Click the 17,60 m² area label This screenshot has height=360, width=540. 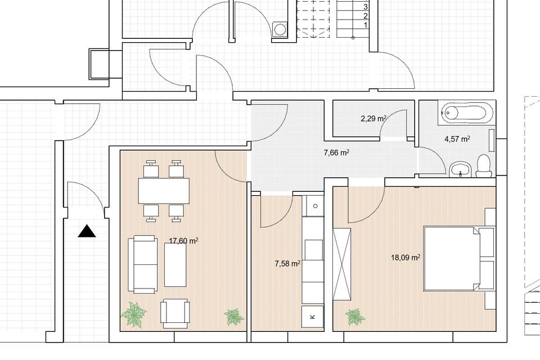(183, 241)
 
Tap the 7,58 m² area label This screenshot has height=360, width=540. (287, 264)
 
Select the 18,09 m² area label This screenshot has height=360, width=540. (406, 257)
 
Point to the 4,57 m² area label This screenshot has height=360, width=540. (457, 139)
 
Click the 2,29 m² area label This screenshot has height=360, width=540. (373, 119)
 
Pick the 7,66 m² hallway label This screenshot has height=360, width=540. (337, 152)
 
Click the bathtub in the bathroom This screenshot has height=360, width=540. (467, 112)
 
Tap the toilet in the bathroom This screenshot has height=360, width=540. (484, 166)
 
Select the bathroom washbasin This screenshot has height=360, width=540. (461, 169)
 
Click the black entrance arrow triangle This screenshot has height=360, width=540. (87, 231)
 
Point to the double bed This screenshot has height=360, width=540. (452, 258)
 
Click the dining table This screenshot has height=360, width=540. (164, 191)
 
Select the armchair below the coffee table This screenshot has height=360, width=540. (175, 313)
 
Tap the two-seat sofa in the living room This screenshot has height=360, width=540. (143, 264)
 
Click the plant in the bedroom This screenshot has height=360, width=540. (355, 317)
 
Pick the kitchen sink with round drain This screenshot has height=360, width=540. (313, 206)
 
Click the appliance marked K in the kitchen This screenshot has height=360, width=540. (313, 317)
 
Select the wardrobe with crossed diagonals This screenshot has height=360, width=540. (342, 264)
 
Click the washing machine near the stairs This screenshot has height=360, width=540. (280, 29)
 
